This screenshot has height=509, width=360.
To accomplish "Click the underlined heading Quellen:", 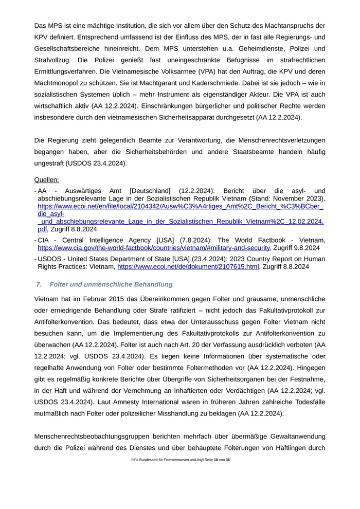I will pos(46,180).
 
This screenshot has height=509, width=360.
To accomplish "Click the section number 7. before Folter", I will pos(39,284).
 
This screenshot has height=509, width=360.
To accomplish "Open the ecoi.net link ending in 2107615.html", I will pos(188,267).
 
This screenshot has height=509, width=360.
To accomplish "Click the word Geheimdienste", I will pos(222,49).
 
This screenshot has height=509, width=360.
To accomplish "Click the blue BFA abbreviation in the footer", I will pos(135,460).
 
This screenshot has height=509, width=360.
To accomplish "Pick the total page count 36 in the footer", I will pos(227,460).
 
